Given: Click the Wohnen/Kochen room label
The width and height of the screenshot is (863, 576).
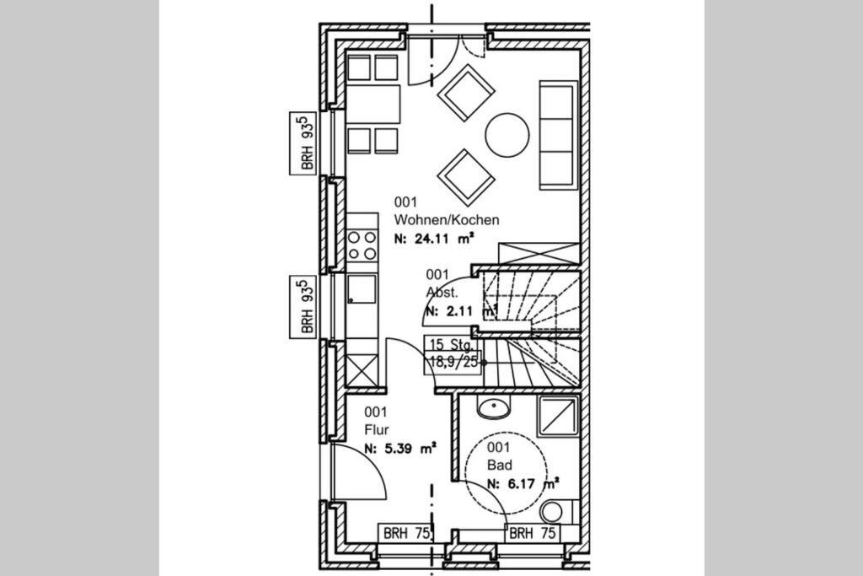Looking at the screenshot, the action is pos(447,220).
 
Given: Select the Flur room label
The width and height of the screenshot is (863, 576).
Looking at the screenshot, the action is pos(377,429).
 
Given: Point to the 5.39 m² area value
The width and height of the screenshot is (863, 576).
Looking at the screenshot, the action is pos(410,449).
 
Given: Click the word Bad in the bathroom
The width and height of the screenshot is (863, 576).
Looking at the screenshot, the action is pos(499,466).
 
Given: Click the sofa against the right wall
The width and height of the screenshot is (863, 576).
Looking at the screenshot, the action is pos(559,135).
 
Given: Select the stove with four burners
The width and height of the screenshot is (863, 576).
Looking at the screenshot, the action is pos(362,245).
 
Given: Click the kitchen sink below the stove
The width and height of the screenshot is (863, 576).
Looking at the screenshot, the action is pos(362,289).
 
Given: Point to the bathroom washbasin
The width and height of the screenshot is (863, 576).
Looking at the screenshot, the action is pos(494,408).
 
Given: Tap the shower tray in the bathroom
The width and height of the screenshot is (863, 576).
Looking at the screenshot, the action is pos(558,416).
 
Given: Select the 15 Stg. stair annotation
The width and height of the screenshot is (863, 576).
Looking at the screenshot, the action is pos(452,345).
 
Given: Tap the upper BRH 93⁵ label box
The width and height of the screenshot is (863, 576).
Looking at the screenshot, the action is pos(303,143).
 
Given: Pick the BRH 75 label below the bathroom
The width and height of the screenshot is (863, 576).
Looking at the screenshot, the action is pos(533,533).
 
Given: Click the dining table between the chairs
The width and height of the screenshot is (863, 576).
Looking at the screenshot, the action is pos(373,104).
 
